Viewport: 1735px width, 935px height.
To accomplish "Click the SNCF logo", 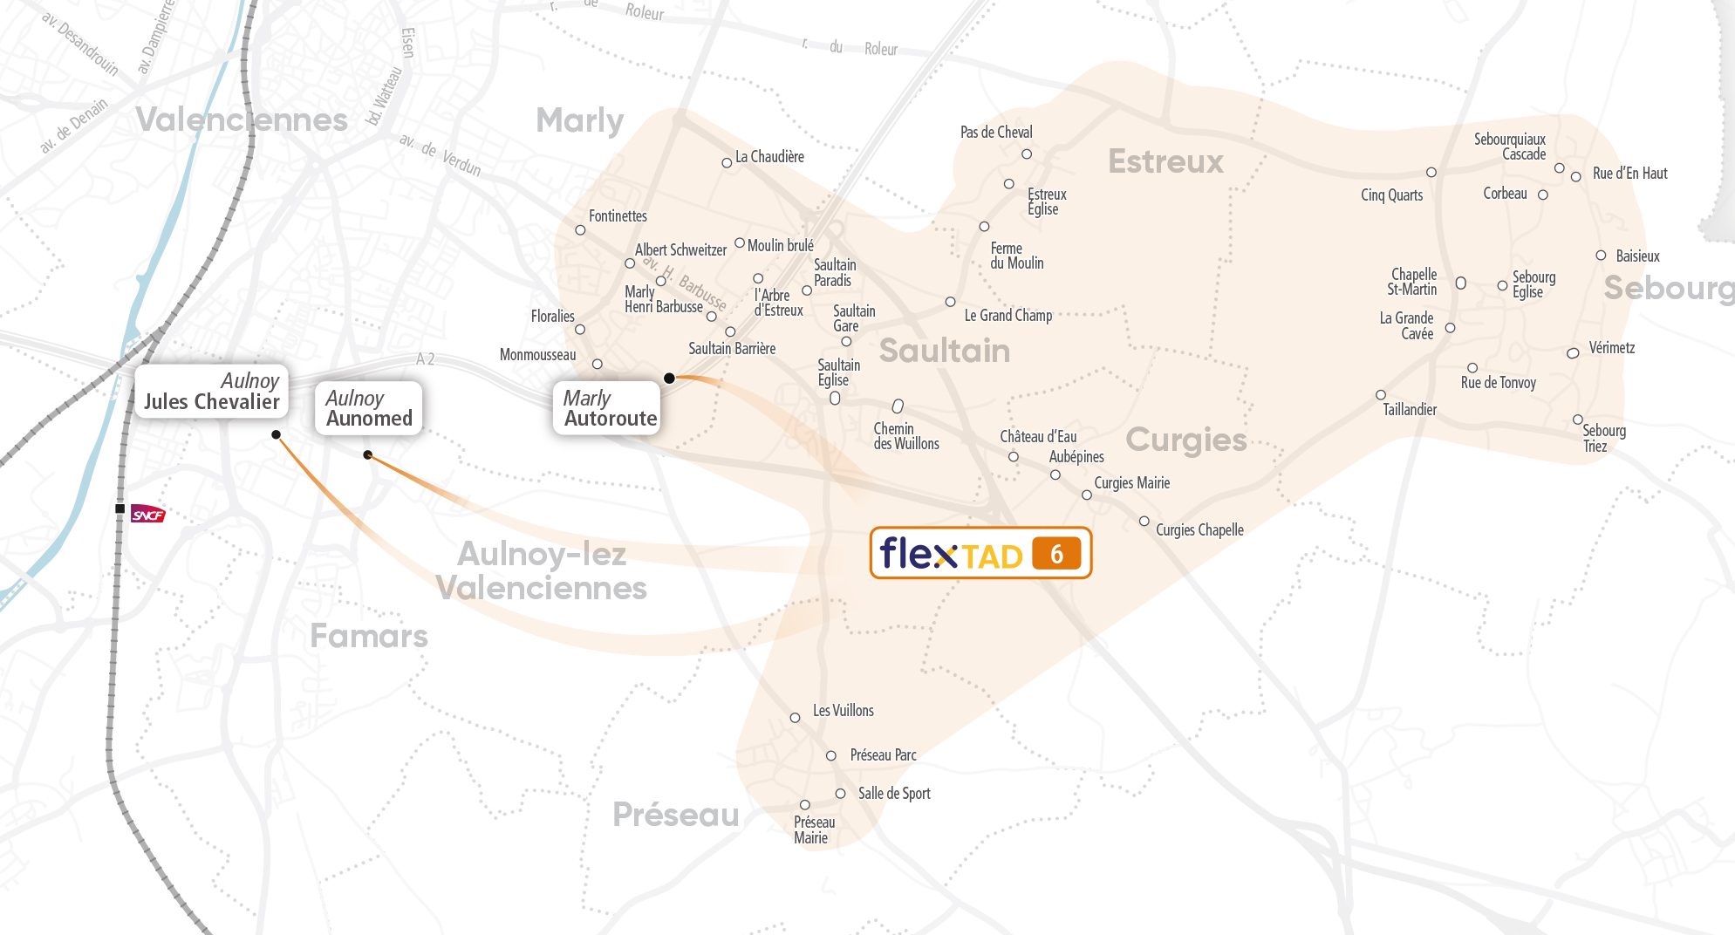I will point(147,514).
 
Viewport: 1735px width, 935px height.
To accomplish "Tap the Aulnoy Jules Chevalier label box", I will point(211,392).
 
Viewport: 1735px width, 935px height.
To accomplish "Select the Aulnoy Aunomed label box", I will point(368,408).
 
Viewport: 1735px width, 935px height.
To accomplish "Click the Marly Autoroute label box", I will point(608,408).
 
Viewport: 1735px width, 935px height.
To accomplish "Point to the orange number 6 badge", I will point(1056,554).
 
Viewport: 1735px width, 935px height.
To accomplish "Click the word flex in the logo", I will point(918,553).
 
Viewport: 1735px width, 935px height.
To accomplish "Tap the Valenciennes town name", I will point(242,120).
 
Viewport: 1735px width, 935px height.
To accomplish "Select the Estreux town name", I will point(1165,161).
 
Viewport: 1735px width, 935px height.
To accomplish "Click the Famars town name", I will point(369,636).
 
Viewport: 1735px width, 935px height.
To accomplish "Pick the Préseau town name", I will point(676,815).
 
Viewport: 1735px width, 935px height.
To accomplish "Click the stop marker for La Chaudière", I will point(727,163).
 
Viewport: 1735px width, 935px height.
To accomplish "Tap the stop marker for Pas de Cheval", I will point(1027,154).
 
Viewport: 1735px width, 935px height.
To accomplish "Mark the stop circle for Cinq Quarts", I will point(1431,173).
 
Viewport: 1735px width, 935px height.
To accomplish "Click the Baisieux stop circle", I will point(1601,256).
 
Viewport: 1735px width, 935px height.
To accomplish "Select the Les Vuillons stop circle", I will point(795,718).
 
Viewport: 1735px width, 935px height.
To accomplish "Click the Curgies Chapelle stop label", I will point(1199,530).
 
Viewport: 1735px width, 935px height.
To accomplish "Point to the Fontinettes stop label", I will point(618,216).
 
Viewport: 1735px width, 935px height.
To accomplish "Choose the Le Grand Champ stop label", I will point(1008,316).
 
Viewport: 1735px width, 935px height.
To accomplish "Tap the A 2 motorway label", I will point(425,359).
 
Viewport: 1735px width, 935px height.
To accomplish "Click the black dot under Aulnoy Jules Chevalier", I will point(276,434).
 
